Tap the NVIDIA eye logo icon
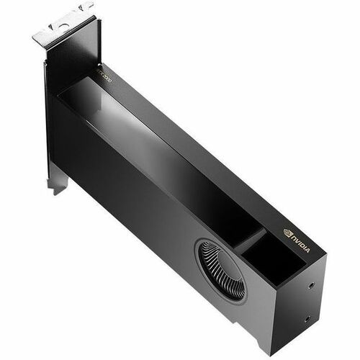click(288, 233)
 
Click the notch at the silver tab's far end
click(88, 8)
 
